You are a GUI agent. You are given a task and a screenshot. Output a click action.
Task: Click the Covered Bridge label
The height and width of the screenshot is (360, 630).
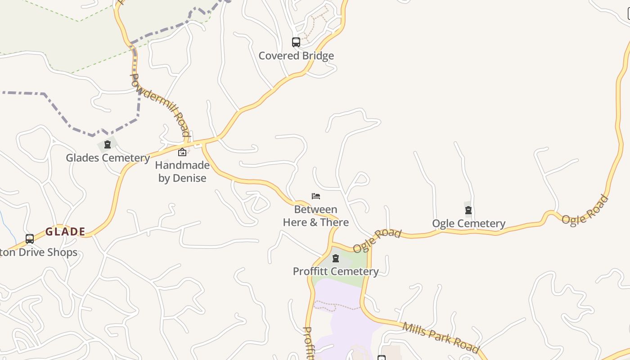pos(296,56)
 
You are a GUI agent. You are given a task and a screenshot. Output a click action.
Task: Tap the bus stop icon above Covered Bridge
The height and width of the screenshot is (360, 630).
pos(296,42)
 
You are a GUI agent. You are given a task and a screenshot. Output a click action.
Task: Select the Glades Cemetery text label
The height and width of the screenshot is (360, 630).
pos(108,158)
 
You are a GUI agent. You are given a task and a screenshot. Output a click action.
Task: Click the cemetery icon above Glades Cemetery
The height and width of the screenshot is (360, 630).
pos(107,144)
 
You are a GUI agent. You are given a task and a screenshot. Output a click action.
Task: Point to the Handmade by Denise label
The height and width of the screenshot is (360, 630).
pos(182,171)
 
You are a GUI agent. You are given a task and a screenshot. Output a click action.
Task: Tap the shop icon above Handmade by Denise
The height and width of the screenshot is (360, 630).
pos(182,153)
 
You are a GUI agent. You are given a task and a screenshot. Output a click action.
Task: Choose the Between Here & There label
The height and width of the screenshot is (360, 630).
pos(315,216)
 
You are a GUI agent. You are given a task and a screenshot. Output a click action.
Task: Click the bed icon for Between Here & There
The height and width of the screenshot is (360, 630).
pos(316,196)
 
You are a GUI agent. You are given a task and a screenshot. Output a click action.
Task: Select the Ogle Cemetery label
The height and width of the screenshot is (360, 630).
pos(468,224)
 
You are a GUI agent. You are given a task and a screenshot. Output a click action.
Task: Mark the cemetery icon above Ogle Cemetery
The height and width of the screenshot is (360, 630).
pos(468,210)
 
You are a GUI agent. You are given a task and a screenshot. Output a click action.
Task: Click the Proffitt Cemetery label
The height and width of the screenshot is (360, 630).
pos(336,271)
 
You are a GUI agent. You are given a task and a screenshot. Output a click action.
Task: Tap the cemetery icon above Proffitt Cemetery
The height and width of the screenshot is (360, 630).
pos(335,258)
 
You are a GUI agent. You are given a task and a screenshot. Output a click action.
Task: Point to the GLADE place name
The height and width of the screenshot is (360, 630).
pos(65,232)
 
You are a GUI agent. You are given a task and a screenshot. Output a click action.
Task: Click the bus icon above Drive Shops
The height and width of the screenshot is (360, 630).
pos(30,239)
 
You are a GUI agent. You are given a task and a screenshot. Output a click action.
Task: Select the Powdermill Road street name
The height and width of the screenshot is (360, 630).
pos(160,105)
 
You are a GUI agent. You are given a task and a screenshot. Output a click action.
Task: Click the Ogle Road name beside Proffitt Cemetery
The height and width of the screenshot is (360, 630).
pos(377,241)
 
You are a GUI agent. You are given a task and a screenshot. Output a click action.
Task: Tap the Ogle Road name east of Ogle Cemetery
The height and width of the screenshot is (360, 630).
pos(585,210)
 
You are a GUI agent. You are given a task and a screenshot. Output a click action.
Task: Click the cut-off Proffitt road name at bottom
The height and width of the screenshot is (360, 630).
pos(308,343)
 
